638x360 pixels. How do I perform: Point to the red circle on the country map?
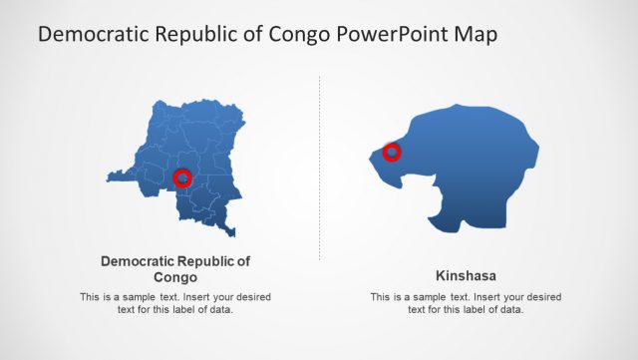[x=182, y=178]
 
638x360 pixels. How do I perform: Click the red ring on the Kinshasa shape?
[x=392, y=152]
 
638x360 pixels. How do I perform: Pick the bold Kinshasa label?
[x=466, y=275]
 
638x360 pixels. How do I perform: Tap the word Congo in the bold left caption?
[x=175, y=277]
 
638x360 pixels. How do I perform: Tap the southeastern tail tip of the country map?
[x=232, y=233]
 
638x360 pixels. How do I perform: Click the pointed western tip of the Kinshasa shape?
[x=371, y=154]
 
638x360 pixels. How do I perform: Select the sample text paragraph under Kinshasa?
[x=466, y=303]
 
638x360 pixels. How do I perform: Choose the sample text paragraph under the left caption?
[x=175, y=303]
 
